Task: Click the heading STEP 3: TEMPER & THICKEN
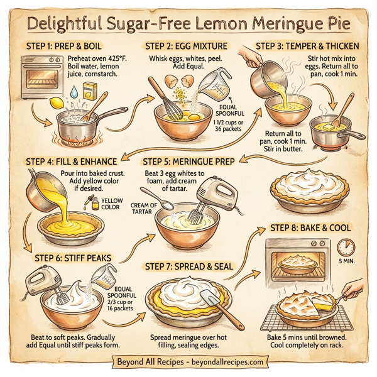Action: click(x=307, y=46)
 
